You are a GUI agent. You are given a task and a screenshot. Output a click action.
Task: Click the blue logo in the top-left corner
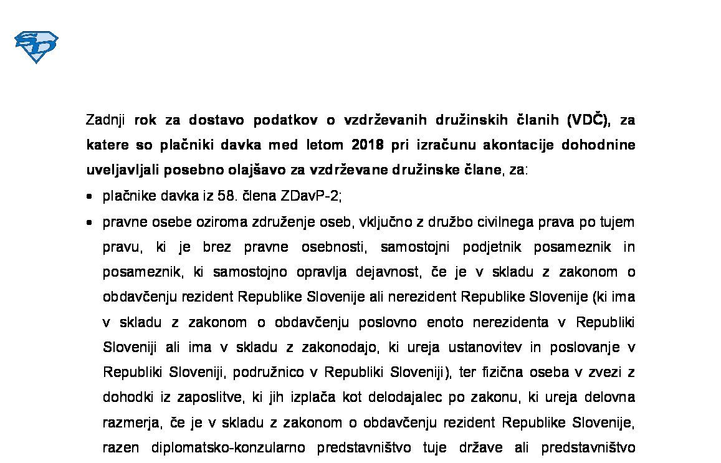(36, 47)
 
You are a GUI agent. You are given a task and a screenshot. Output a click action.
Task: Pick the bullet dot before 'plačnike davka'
(91, 196)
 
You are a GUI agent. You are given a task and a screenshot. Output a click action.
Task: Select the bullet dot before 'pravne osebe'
(91, 222)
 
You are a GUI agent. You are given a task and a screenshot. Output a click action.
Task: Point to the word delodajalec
(373, 398)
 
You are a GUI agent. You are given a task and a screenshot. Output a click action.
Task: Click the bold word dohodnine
(598, 145)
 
